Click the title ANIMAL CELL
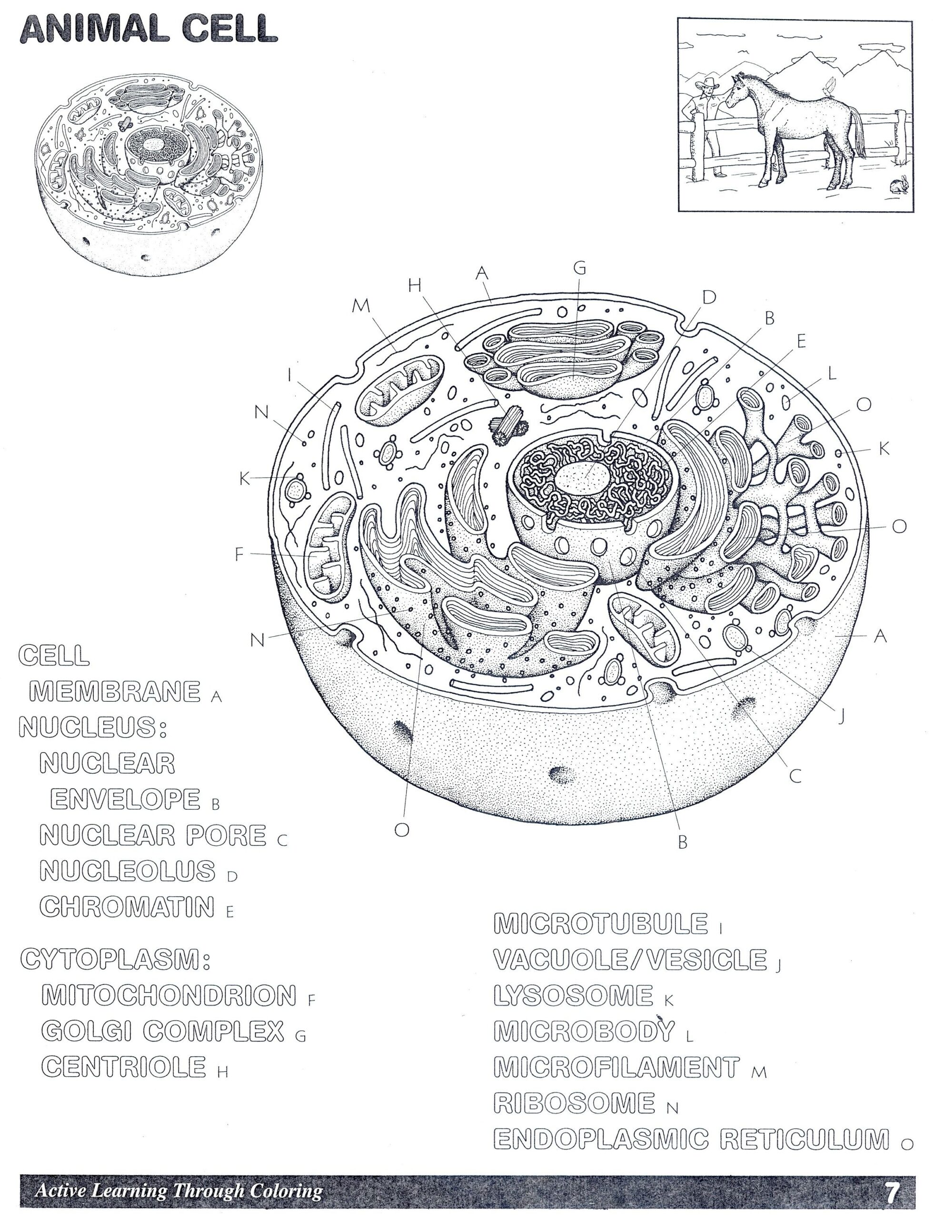[x=149, y=29]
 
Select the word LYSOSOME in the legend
[x=573, y=995]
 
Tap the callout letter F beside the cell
[x=239, y=553]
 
